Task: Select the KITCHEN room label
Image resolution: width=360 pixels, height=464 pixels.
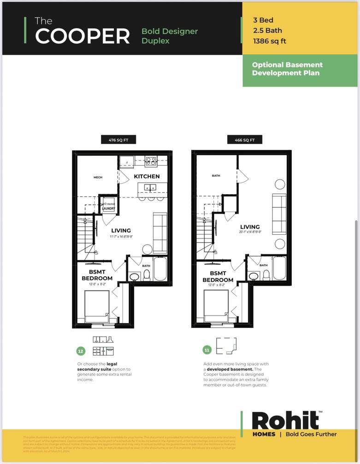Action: click(147, 176)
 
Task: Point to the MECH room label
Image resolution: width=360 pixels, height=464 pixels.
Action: click(98, 177)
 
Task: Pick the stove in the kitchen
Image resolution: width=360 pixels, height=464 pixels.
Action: click(151, 161)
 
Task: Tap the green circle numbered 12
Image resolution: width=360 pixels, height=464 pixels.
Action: click(81, 351)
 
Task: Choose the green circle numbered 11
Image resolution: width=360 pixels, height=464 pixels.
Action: click(207, 350)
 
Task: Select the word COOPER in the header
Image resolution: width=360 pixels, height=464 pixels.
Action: click(83, 36)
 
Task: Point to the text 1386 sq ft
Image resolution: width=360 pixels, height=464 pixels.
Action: click(270, 41)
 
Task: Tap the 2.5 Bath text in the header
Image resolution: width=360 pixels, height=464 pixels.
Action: click(267, 30)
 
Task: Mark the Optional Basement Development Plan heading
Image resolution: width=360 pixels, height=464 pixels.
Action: click(287, 69)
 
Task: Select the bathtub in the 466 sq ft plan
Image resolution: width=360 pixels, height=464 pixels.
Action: click(279, 268)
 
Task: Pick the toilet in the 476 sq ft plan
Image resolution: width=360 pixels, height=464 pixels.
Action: click(147, 275)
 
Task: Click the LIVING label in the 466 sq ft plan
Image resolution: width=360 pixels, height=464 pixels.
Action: click(249, 227)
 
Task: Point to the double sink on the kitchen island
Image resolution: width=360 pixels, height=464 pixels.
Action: click(149, 187)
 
